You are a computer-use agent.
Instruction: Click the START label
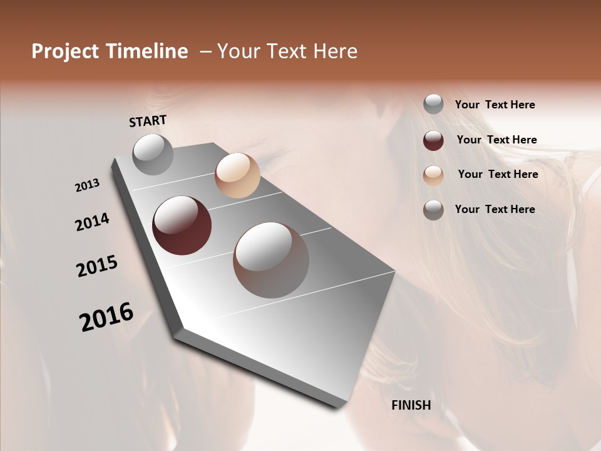click(148, 121)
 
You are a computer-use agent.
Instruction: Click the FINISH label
click(411, 405)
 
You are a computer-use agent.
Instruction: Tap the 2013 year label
click(88, 185)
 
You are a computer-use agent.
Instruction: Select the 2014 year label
click(92, 222)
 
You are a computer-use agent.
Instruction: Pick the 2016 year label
click(106, 317)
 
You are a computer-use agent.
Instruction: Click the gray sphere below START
click(153, 154)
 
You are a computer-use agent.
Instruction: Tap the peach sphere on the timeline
click(237, 175)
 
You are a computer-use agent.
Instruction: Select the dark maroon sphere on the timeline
click(182, 225)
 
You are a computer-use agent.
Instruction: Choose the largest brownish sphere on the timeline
click(271, 260)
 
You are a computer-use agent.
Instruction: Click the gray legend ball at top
click(433, 105)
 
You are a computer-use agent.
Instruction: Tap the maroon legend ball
click(433, 140)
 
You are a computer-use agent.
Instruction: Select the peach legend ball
click(433, 175)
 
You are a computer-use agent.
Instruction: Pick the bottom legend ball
click(433, 210)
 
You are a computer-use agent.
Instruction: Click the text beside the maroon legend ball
click(496, 140)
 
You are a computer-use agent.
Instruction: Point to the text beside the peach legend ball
click(498, 174)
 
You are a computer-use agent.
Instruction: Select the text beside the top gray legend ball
click(495, 105)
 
